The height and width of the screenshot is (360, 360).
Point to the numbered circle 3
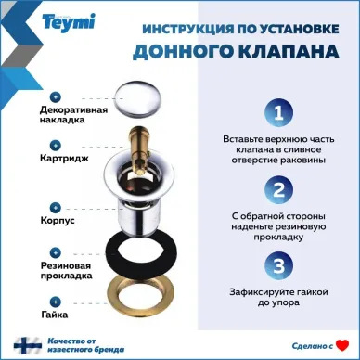275,266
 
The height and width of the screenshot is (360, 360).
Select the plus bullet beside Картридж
55,145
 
